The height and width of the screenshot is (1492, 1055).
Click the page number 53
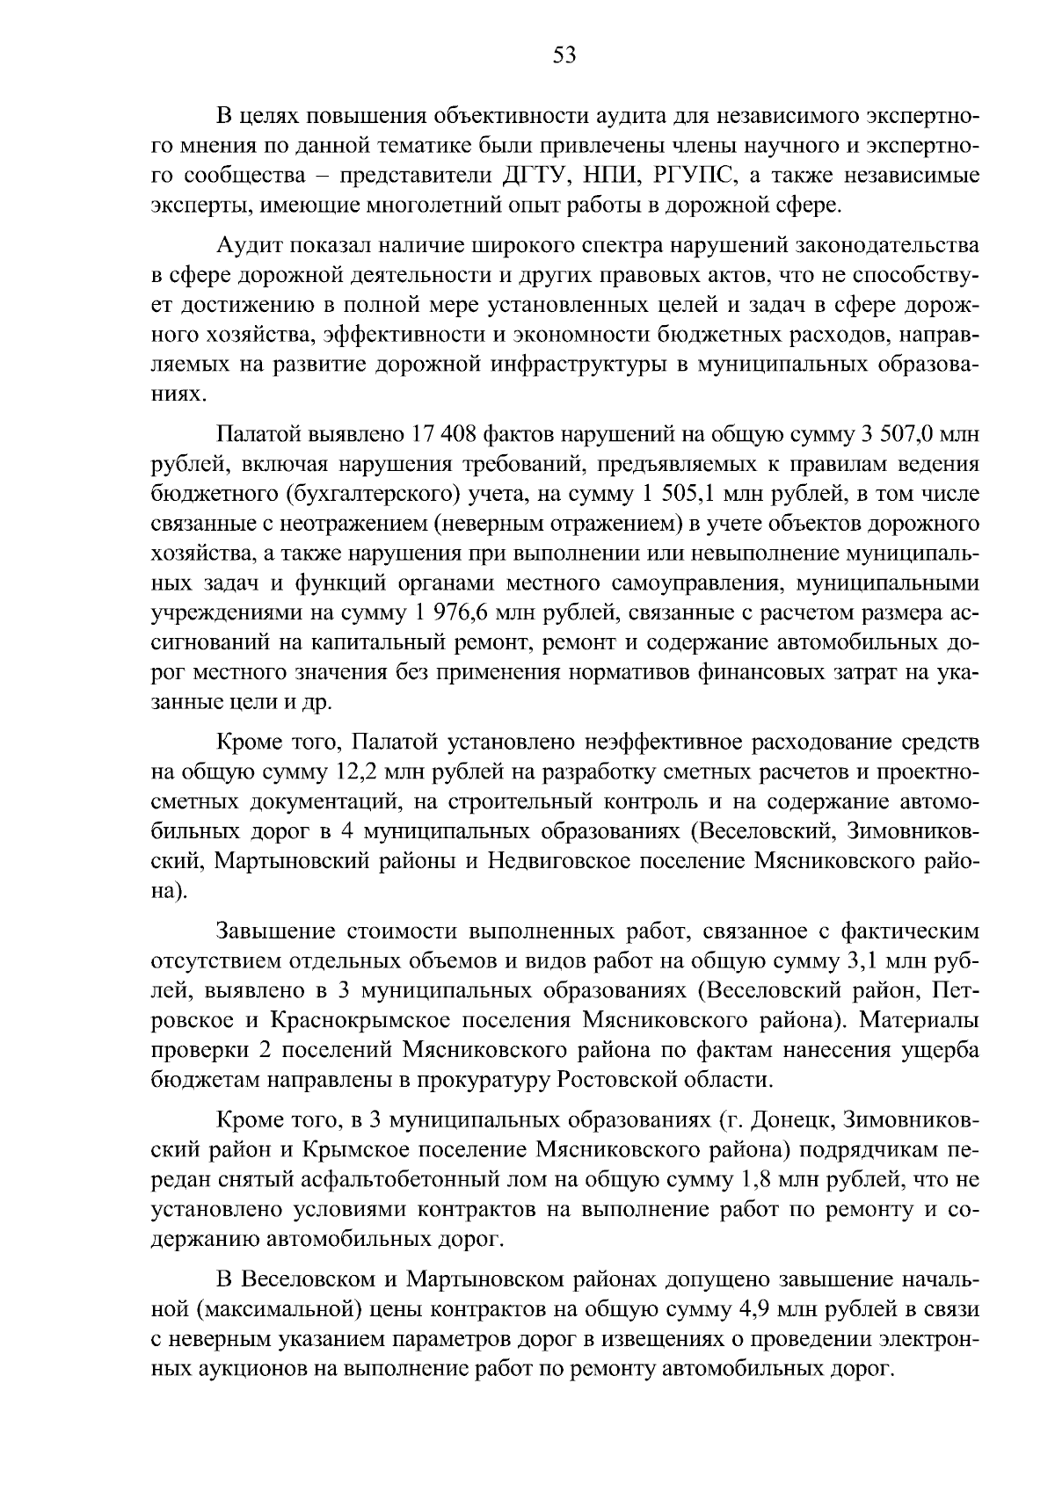[564, 57]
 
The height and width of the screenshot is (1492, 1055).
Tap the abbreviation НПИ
[612, 175]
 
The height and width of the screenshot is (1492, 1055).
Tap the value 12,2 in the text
[362, 772]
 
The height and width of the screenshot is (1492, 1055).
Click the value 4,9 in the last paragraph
[748, 1309]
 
